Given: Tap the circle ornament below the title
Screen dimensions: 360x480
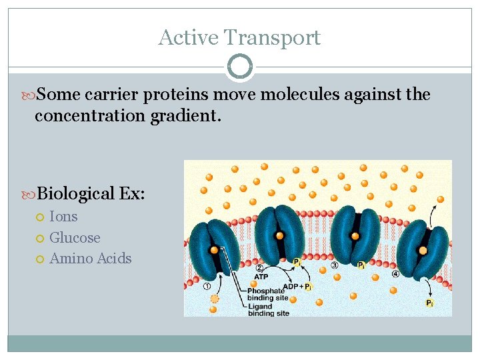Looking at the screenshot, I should click(240, 67).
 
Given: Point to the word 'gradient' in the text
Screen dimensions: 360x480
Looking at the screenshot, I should click(182, 115).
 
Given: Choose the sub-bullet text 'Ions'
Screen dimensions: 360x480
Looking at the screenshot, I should click(63, 217).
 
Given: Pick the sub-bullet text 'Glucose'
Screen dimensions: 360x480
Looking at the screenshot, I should click(75, 237).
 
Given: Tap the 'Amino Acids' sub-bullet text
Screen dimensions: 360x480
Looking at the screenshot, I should click(91, 259).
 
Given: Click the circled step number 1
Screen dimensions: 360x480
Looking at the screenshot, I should click(207, 287).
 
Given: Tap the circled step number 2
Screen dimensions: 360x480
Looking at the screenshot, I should click(259, 267).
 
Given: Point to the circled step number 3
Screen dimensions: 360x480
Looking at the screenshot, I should click(335, 265).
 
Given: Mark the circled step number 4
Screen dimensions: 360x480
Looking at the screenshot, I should click(395, 273).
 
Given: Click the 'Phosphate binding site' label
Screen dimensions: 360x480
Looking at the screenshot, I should click(270, 295).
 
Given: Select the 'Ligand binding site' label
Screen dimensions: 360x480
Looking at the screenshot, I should click(268, 309).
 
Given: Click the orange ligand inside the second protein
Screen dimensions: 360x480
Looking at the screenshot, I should click(279, 235).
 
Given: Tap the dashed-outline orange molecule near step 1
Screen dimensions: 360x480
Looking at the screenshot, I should click(213, 297).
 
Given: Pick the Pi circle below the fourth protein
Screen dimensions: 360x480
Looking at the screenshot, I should click(429, 303).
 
